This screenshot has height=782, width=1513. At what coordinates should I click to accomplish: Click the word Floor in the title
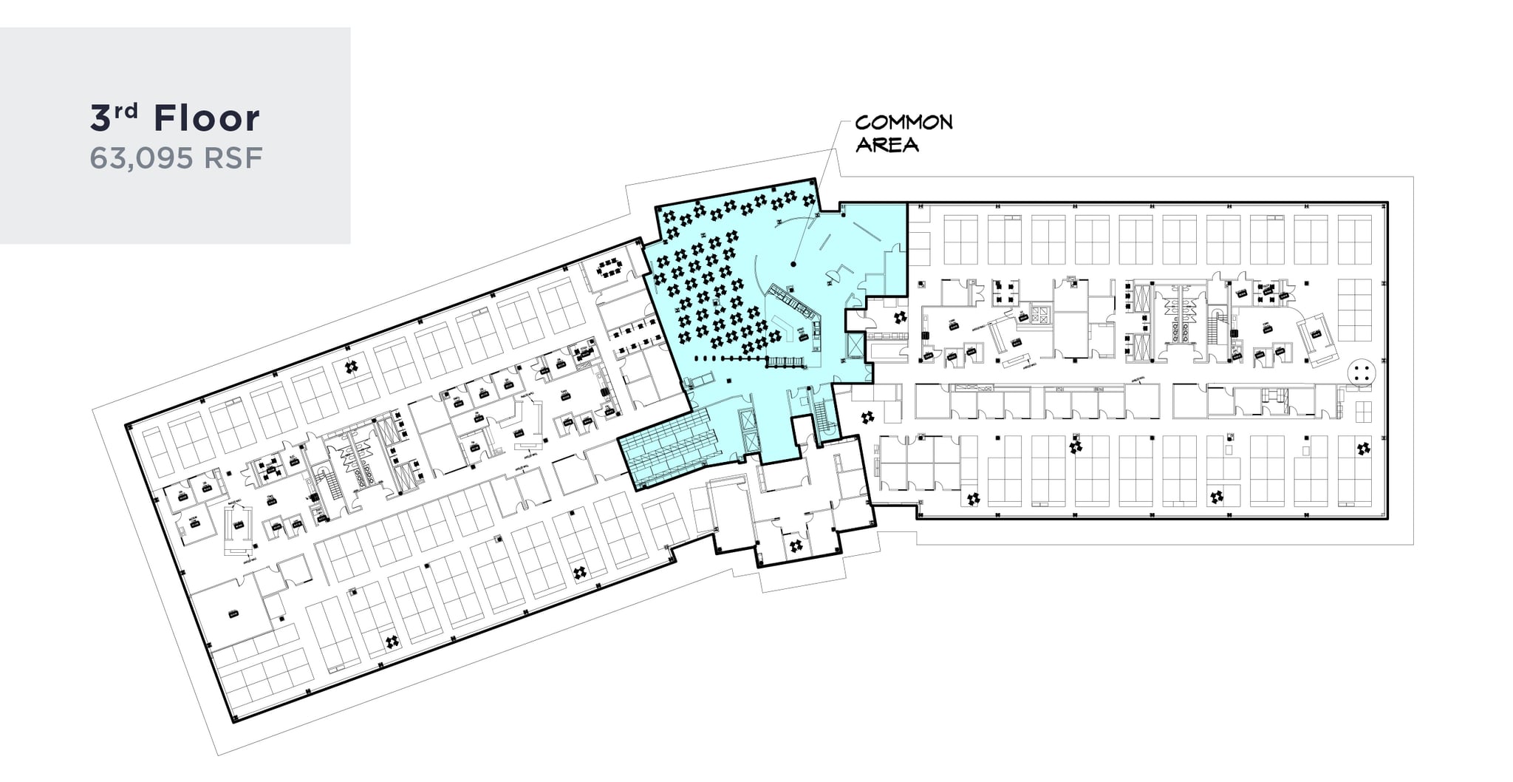[207, 119]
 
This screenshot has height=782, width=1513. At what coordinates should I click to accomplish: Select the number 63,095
[138, 158]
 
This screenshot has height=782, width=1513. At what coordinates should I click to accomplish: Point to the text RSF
[233, 158]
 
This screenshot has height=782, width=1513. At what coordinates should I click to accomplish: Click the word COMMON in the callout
[904, 123]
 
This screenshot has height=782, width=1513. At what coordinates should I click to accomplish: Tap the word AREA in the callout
[887, 144]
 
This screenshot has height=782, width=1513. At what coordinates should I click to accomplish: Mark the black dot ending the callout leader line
[793, 263]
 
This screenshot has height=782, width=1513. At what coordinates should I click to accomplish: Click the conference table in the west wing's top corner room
[610, 267]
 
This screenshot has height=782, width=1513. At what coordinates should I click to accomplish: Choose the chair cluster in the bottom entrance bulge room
[796, 546]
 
